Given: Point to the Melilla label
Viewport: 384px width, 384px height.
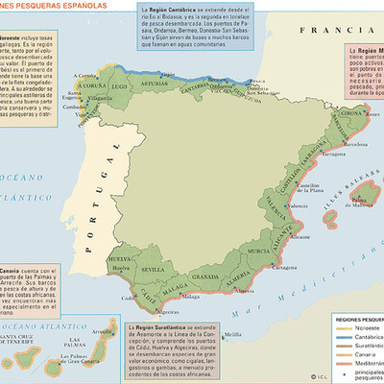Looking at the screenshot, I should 231,334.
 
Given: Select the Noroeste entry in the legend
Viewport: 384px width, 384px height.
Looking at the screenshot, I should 358,324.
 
